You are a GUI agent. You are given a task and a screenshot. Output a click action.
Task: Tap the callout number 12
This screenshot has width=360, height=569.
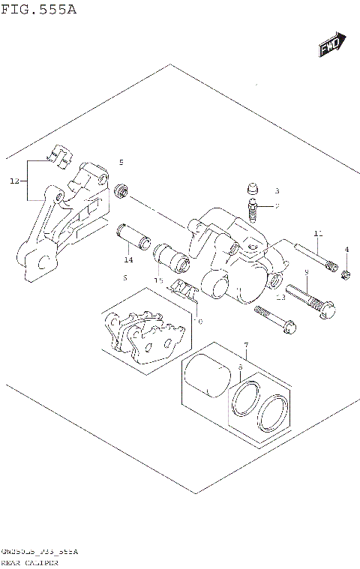click(x=14, y=181)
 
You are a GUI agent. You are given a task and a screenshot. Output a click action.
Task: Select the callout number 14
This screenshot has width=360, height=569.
click(x=129, y=259)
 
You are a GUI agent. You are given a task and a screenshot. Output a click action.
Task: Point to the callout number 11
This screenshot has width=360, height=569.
click(x=318, y=235)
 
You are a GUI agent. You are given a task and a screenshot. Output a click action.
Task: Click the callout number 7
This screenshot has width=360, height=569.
click(x=245, y=345)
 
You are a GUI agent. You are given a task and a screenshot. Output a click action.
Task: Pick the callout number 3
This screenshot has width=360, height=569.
click(x=276, y=191)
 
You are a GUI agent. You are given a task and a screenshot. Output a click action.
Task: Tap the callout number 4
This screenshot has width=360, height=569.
click(x=346, y=250)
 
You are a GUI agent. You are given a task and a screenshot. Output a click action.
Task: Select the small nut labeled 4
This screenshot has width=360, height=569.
click(x=346, y=275)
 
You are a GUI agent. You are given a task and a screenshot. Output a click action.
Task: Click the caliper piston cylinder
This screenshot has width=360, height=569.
click(x=207, y=376)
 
